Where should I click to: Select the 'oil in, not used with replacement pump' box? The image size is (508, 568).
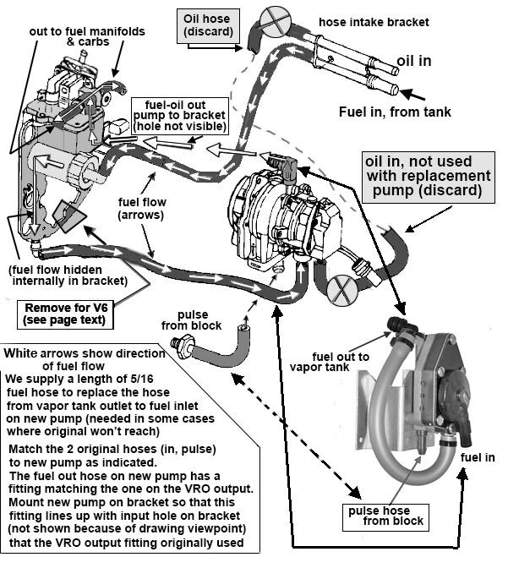point(428,176)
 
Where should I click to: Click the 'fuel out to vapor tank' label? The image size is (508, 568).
point(330,363)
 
